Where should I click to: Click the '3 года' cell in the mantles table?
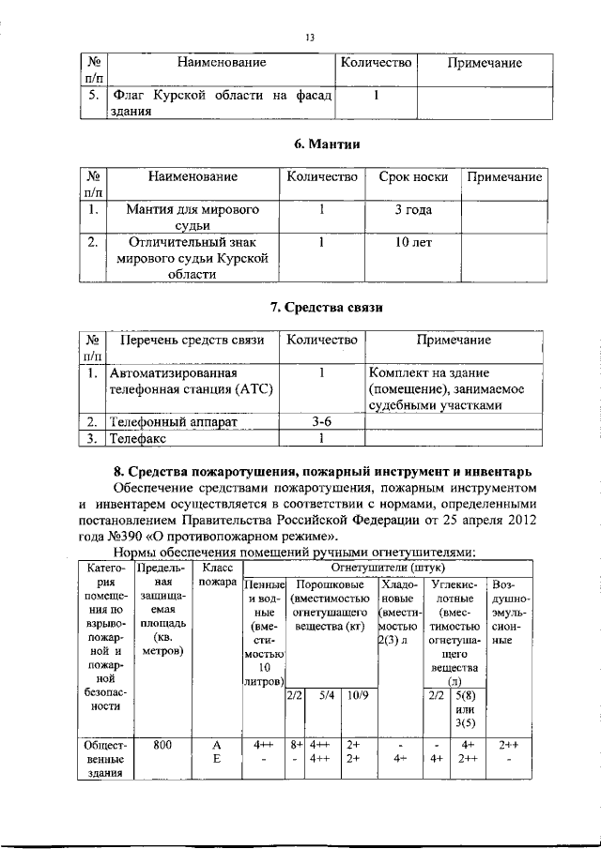412,209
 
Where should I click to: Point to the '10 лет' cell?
412,242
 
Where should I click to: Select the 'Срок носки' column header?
412,176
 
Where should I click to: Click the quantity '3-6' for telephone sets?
320,422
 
